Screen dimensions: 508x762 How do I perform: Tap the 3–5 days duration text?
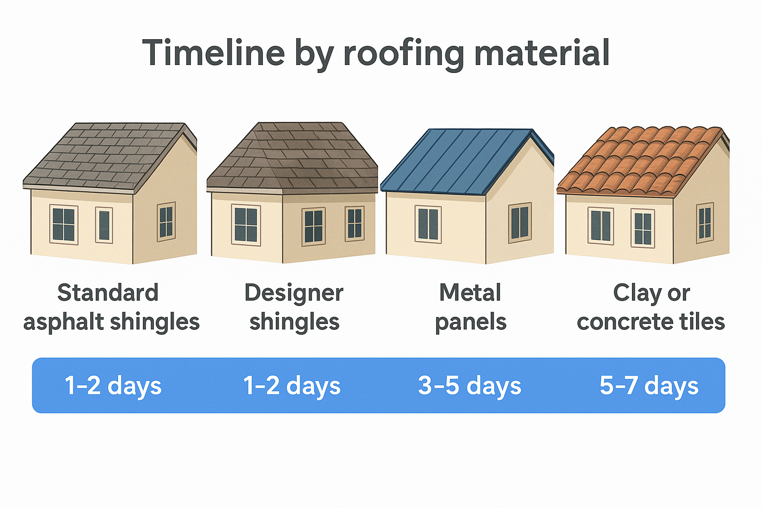pyautogui.click(x=469, y=385)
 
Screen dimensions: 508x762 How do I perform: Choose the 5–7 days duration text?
pyautogui.click(x=649, y=385)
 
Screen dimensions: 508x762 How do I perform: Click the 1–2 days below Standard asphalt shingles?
pyautogui.click(x=113, y=385)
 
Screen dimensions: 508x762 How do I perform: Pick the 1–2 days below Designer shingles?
pyautogui.click(x=292, y=385)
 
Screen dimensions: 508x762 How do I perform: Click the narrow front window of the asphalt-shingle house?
pyautogui.click(x=104, y=225)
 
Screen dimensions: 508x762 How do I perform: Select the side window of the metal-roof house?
pyautogui.click(x=519, y=223)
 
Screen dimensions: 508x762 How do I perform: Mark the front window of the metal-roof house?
pyautogui.click(x=428, y=224)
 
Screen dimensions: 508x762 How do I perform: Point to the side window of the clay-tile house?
pyautogui.click(x=704, y=223)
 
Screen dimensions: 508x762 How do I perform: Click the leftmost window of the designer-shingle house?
pyautogui.click(x=246, y=225)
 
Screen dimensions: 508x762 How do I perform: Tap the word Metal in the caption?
pyautogui.click(x=470, y=293)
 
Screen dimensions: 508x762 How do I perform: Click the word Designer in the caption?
pyautogui.click(x=294, y=293)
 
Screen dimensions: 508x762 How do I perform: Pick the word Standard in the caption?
pyautogui.click(x=108, y=293)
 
